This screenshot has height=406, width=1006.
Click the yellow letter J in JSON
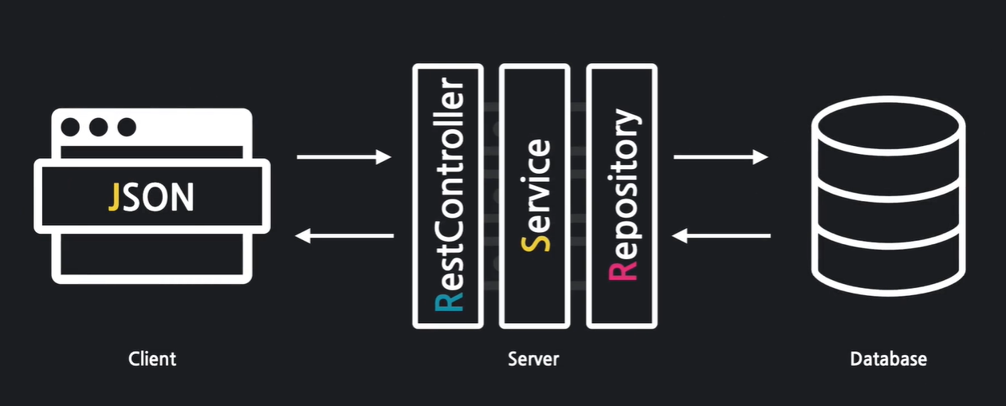point(115,197)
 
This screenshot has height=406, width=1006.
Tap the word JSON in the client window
point(151,197)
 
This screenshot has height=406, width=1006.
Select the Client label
point(152,359)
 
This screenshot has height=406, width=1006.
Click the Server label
point(533,359)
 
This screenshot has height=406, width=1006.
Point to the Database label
point(888,359)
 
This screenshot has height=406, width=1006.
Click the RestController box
point(448,195)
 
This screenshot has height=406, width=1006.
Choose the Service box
point(534,195)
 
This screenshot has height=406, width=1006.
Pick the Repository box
point(622,195)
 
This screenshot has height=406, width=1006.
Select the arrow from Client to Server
point(344,158)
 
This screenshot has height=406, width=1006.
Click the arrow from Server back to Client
point(344,235)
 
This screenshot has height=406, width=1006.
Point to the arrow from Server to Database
point(721,158)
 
